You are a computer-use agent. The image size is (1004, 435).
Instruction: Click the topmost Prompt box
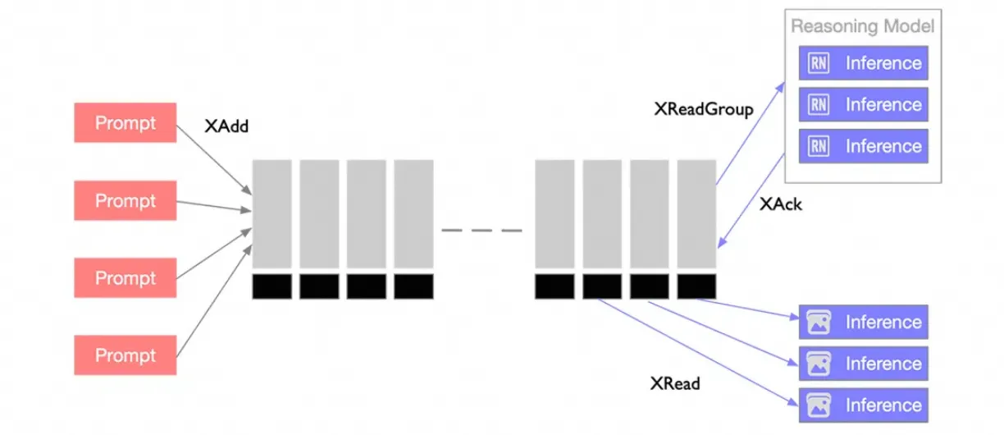(125, 123)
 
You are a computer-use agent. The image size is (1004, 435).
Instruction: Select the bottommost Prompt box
(125, 355)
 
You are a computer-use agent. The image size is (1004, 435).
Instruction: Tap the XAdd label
(226, 127)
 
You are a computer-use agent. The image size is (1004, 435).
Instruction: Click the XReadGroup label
(703, 109)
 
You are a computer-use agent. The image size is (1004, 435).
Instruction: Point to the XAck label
(780, 204)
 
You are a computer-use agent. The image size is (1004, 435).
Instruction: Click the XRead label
(675, 382)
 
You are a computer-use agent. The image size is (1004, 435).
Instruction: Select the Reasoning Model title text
(862, 26)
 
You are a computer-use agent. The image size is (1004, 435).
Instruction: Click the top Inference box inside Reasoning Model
(864, 63)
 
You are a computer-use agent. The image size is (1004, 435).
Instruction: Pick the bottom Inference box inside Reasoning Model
(864, 146)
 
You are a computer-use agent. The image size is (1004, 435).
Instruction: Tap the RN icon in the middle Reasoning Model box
(818, 105)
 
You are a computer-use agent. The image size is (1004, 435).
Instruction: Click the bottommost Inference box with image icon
(864, 405)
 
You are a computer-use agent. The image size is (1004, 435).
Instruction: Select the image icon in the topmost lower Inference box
(818, 323)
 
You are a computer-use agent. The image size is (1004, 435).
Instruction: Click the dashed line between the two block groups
(481, 231)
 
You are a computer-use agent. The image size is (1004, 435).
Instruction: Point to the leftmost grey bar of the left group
(272, 213)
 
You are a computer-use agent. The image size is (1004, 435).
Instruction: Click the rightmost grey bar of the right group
(696, 213)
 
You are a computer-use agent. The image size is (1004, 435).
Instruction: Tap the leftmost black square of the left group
(272, 286)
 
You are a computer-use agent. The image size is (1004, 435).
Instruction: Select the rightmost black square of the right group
(696, 286)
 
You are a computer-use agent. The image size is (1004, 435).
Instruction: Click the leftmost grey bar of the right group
(554, 213)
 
